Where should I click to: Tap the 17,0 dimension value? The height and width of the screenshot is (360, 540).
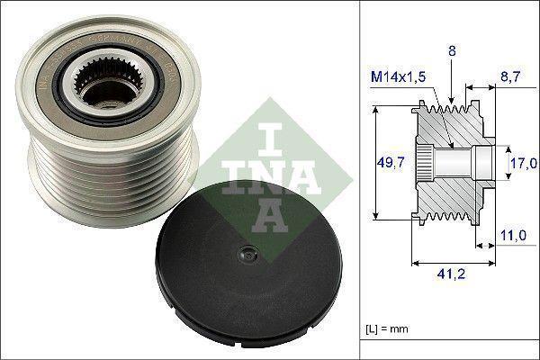[525, 163]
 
